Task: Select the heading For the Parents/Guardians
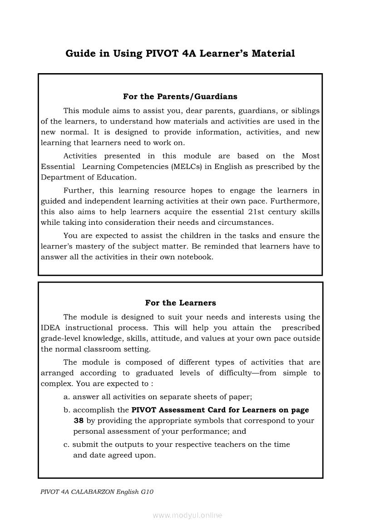tap(180, 97)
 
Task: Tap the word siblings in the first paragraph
tap(306, 111)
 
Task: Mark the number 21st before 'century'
tap(259, 212)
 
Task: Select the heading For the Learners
tap(180, 303)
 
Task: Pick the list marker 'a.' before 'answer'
tap(67, 397)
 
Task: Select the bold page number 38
tap(78, 421)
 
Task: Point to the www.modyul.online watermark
tap(187, 516)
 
